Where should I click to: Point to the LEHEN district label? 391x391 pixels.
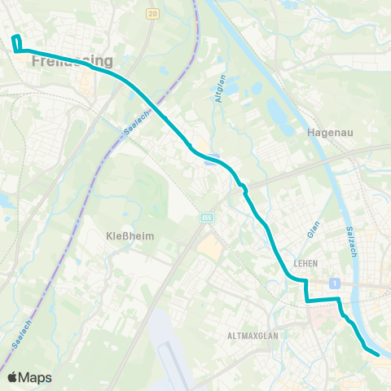[303, 263]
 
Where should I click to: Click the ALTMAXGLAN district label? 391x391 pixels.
[253, 334]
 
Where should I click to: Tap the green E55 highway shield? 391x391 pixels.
[208, 217]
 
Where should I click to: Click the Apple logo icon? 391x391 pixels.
[13, 377]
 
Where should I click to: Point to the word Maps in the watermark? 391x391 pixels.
[36, 377]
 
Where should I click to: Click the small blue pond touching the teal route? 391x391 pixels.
[213, 160]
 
